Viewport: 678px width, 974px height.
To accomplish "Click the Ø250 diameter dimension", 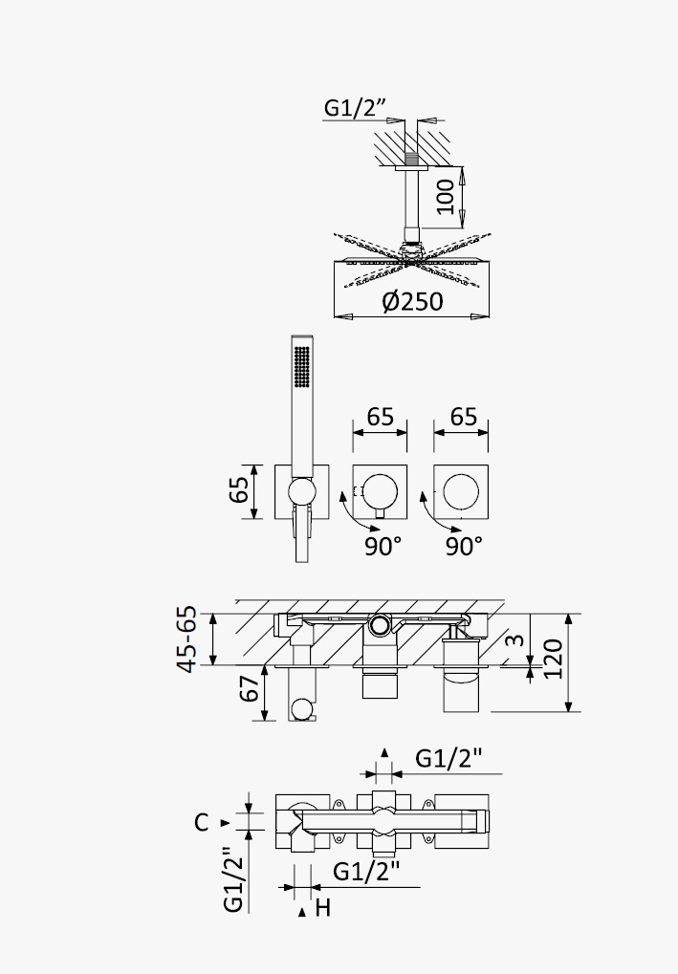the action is tap(413, 301).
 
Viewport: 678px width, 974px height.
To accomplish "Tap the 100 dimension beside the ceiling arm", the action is tap(445, 197).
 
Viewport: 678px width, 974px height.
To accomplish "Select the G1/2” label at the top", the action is tap(355, 108).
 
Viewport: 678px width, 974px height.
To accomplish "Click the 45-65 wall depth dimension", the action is tap(187, 639).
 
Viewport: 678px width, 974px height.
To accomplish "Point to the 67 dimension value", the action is tap(250, 688).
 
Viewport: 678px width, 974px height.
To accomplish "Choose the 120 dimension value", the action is tap(553, 660).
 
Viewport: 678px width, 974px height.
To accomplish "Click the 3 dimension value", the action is tap(515, 639).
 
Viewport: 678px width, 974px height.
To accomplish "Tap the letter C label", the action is tap(201, 822).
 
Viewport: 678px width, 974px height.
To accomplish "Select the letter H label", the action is tap(323, 908).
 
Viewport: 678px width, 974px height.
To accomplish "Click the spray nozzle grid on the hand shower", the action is tap(301, 368).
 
